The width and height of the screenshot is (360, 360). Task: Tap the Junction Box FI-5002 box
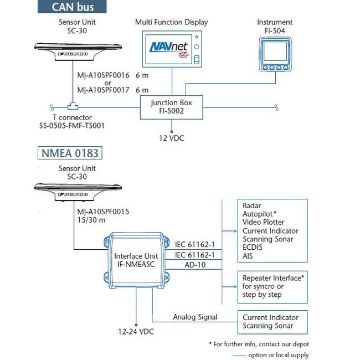(171, 107)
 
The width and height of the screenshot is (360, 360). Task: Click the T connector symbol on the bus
(73, 105)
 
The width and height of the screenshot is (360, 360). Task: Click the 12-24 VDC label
(135, 331)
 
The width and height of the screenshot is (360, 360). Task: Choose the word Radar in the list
(252, 204)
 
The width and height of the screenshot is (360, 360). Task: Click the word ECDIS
(253, 248)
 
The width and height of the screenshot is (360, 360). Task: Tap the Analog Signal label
(195, 317)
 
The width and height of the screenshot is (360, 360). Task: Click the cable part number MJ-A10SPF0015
(106, 212)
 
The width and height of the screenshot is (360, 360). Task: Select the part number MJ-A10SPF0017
(103, 89)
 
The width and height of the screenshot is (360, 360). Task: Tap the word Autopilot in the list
(259, 213)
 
